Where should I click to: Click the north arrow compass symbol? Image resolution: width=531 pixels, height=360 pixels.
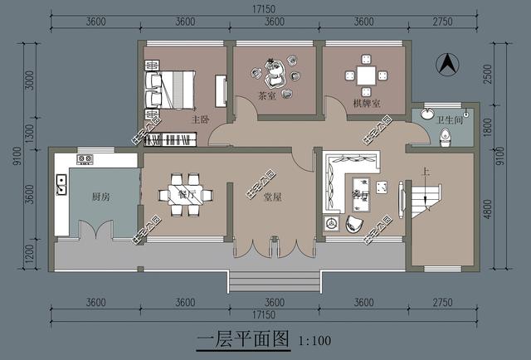tap(445, 62)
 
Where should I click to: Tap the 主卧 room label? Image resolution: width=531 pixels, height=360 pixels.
tap(199, 119)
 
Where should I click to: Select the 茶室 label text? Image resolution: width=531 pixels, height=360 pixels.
tap(266, 96)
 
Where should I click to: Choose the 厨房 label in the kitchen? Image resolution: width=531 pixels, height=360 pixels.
tap(101, 197)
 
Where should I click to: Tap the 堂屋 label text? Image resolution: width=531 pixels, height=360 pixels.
tap(272, 197)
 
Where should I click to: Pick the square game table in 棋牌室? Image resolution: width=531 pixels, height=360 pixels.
tap(366, 74)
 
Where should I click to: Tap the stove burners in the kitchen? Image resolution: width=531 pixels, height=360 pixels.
tap(85, 159)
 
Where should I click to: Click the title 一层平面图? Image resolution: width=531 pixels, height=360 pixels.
tap(243, 339)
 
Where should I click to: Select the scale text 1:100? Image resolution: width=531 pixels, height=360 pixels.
tap(314, 340)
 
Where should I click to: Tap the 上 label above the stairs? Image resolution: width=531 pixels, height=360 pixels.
tap(426, 173)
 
